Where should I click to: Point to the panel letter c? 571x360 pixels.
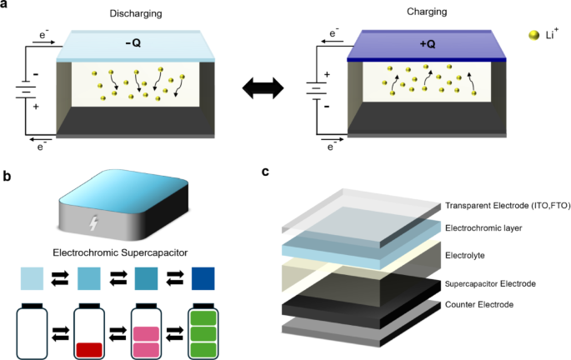pyautogui.click(x=265, y=172)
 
